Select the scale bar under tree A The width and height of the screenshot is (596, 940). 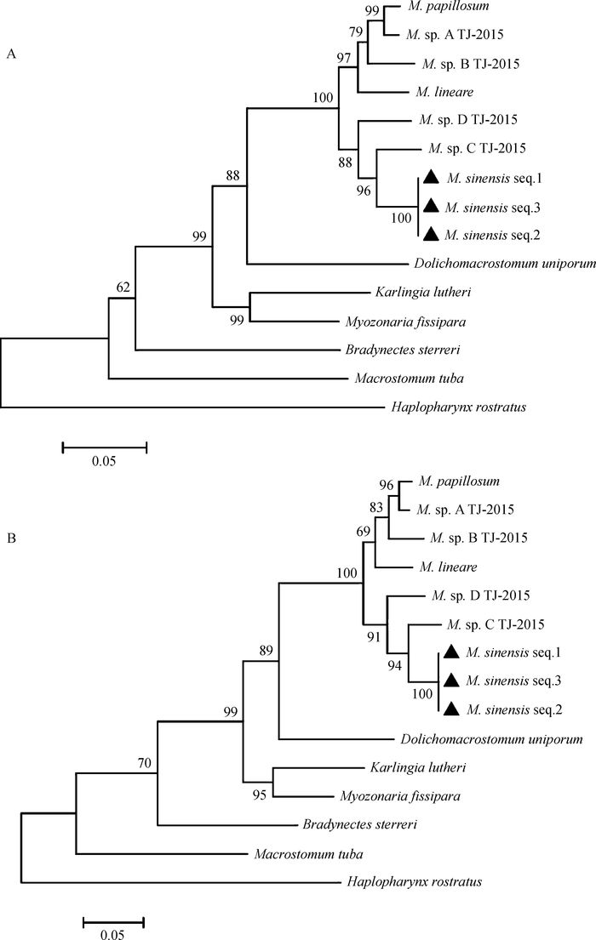(x=104, y=444)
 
